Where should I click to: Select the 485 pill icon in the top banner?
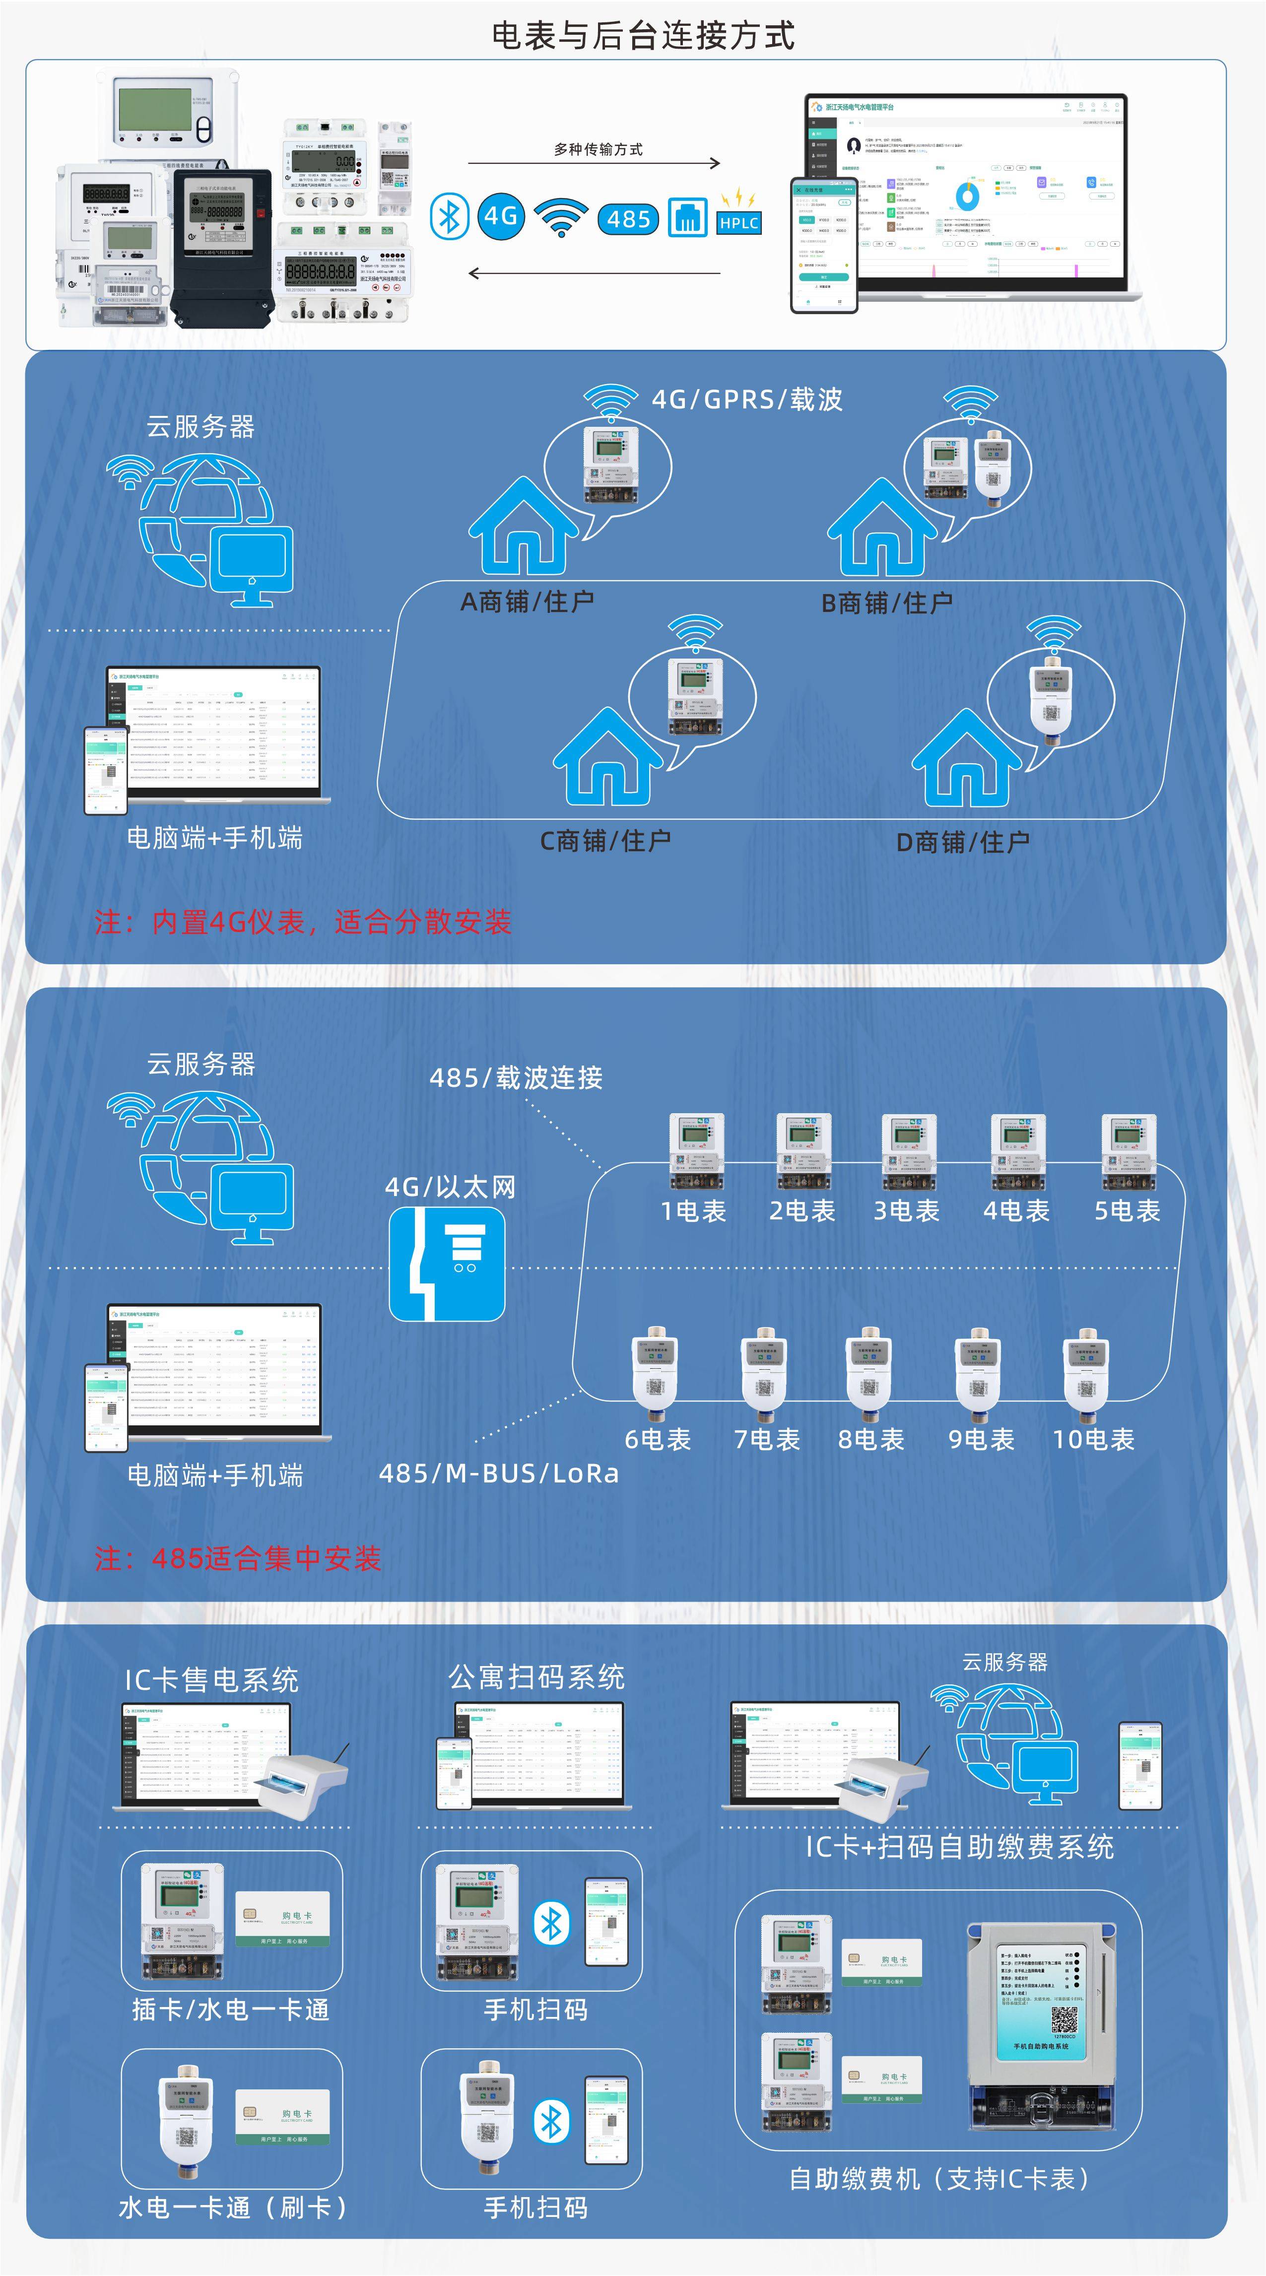(628, 218)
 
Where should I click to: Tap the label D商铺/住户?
(962, 842)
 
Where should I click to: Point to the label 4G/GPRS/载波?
(746, 400)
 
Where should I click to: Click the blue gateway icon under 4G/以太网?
(447, 1264)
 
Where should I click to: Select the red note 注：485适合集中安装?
(239, 1558)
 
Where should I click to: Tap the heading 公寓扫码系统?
(536, 1676)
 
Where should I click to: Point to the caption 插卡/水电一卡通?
(231, 2009)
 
